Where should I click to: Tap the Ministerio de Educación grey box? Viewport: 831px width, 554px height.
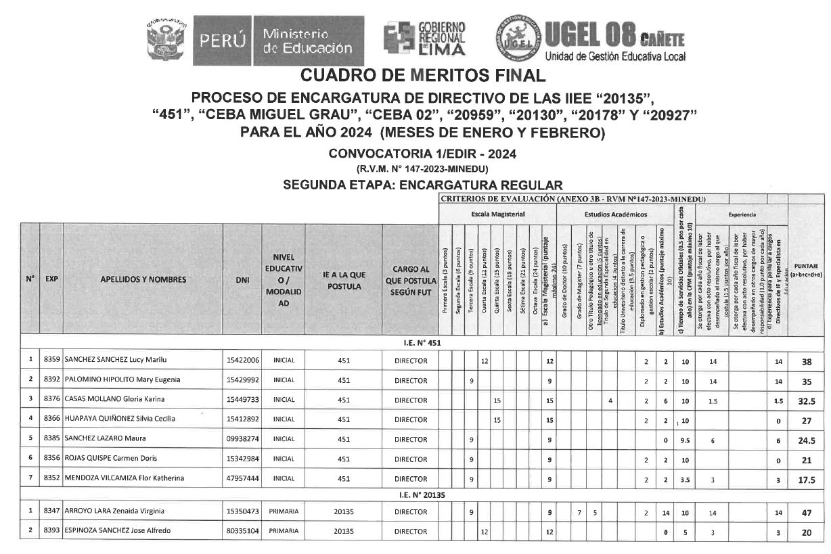308,41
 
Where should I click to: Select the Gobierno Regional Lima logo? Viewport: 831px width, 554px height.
424,39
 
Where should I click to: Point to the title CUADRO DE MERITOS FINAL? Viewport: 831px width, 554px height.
422,75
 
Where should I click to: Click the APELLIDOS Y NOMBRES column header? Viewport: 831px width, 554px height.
143,279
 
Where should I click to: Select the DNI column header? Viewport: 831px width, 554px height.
242,279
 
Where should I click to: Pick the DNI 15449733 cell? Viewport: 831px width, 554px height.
242,400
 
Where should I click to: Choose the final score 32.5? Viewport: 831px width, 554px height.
807,400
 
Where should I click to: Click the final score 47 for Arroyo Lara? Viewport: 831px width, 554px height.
807,512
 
